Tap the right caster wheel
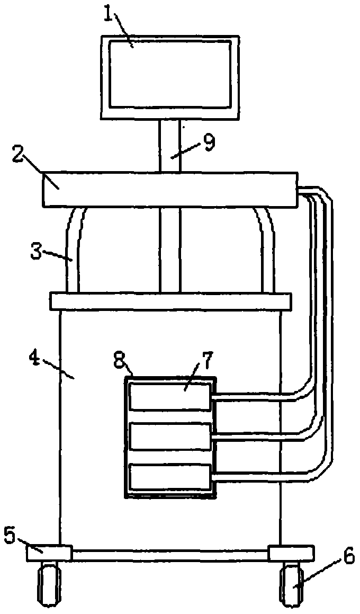[291, 586]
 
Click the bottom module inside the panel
[169, 476]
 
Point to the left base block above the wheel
[48, 554]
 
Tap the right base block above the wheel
[291, 554]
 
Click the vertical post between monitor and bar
[169, 146]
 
